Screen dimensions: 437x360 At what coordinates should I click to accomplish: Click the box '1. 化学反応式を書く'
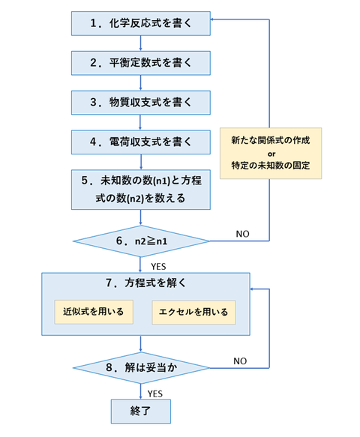(140, 24)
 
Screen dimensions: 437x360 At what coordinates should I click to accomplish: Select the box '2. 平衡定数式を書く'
(140, 63)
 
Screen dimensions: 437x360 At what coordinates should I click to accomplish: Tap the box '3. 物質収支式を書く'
(140, 102)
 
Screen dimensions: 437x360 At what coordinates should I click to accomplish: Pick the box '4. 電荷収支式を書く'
(140, 141)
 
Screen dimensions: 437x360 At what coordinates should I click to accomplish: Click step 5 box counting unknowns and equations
(140, 190)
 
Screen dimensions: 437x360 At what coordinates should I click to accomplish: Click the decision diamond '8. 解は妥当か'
(140, 367)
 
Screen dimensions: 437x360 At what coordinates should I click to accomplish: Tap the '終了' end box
(140, 411)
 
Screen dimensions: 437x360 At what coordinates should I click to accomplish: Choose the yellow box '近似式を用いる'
(94, 310)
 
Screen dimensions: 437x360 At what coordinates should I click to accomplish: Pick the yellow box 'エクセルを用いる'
(193, 310)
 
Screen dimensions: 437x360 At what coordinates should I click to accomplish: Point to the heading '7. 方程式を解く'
(140, 283)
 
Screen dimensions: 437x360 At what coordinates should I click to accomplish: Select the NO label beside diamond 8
(240, 360)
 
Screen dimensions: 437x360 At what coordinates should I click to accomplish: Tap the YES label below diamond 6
(158, 265)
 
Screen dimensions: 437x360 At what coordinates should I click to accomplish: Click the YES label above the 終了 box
(155, 392)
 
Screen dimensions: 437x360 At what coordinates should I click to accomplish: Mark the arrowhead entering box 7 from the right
(253, 289)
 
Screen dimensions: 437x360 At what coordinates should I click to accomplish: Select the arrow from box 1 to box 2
(140, 43)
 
